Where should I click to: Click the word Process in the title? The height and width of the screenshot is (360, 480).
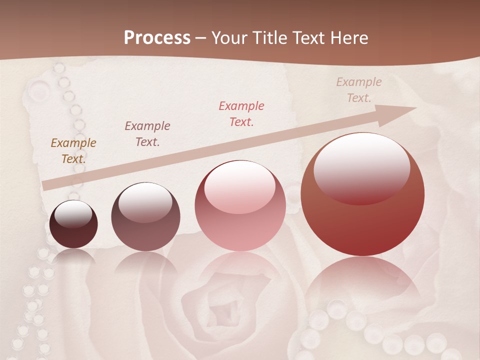pyautogui.click(x=157, y=38)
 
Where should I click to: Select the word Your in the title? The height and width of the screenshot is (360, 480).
pyautogui.click(x=230, y=38)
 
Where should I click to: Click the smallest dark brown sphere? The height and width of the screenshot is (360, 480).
pyautogui.click(x=73, y=224)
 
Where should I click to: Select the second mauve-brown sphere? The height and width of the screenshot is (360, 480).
pyautogui.click(x=145, y=217)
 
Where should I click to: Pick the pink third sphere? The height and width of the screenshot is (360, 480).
pyautogui.click(x=240, y=206)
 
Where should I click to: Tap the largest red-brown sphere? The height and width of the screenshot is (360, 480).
pyautogui.click(x=362, y=194)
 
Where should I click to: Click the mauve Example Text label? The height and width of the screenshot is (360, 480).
pyautogui.click(x=147, y=134)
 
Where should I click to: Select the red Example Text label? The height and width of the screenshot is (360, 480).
pyautogui.click(x=241, y=113)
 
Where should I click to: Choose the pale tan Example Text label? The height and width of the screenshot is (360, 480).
pyautogui.click(x=358, y=90)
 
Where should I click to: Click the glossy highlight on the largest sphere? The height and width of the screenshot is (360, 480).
pyautogui.click(x=361, y=167)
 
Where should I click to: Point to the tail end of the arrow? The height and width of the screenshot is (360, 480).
pyautogui.click(x=46, y=185)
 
